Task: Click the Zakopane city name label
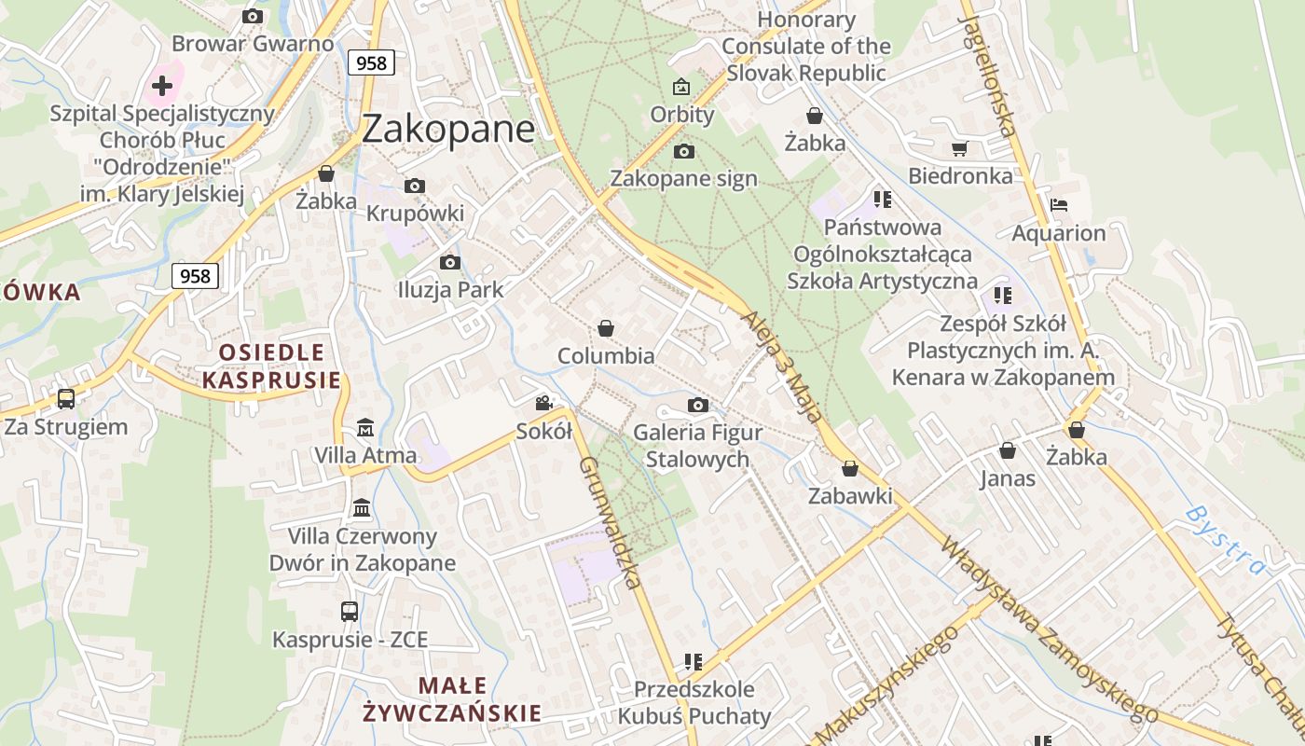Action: (447, 129)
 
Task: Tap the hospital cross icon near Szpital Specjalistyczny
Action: (162, 86)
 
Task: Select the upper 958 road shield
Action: (371, 62)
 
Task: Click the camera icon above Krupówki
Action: (415, 186)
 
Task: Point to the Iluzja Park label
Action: (450, 290)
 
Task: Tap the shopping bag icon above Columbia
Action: (606, 328)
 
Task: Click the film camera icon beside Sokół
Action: (544, 404)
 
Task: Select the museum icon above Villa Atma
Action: (365, 428)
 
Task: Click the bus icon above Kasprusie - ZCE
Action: (350, 612)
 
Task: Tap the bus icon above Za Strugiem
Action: (66, 399)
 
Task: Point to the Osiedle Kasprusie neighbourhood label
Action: (271, 366)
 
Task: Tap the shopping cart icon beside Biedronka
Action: (960, 148)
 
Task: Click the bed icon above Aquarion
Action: (1058, 205)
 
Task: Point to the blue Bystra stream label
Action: (1227, 540)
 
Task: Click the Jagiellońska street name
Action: (989, 75)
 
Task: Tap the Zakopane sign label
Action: (683, 178)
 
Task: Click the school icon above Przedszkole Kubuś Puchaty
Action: (693, 662)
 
